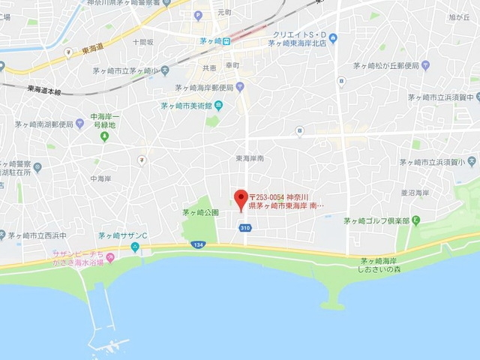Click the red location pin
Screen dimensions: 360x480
[x=241, y=199]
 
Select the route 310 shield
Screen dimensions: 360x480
[x=244, y=228]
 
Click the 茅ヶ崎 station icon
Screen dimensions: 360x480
[x=226, y=40]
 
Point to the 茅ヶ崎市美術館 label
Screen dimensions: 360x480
[x=186, y=106]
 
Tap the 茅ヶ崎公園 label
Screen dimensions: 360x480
[x=200, y=212]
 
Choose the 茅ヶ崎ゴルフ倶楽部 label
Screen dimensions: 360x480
[x=376, y=220]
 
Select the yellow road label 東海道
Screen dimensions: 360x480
[x=93, y=49]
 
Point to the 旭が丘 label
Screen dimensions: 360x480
[x=458, y=16]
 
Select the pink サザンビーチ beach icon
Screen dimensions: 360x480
[x=111, y=259]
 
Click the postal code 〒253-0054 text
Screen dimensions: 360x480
[x=274, y=196]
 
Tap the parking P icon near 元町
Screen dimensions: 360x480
[x=198, y=15]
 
